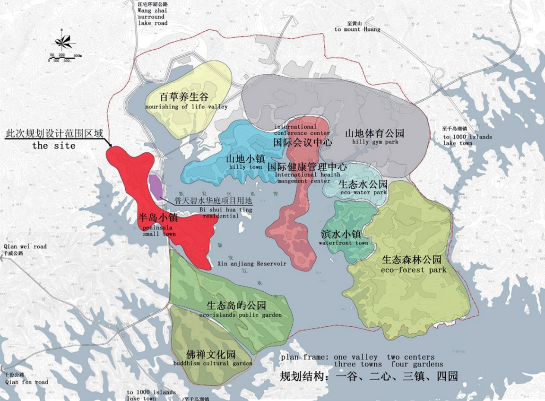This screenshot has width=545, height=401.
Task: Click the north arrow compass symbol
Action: click(64, 42)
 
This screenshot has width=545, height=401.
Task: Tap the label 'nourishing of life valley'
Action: click(187, 107)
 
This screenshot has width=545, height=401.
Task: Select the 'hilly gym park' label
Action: click(375, 142)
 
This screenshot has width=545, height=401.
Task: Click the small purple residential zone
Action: click(155, 185)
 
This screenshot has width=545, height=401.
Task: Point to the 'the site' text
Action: click(53, 146)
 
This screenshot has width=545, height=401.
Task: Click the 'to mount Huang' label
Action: click(357, 29)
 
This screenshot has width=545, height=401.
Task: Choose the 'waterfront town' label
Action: click(344, 243)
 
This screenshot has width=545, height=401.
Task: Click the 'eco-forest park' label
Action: click(414, 270)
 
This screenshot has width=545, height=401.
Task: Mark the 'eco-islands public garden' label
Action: click(241, 315)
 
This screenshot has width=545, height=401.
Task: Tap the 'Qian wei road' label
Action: click(25, 246)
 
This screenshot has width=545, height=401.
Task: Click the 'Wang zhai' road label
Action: click(150, 9)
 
